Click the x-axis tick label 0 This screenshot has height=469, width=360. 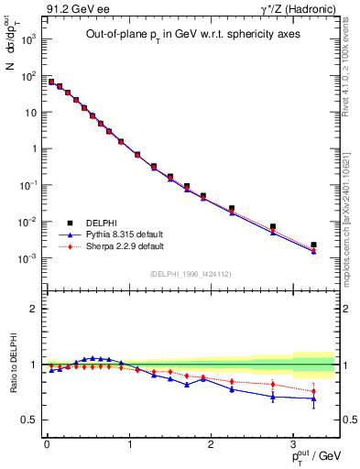47,445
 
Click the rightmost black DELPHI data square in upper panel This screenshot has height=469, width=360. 313,245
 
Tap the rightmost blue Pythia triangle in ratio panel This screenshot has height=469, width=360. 313,398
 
